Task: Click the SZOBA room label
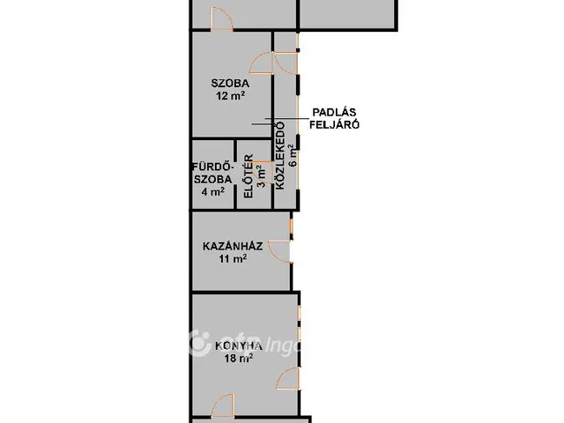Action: point(230,84)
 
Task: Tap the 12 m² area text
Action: point(231,96)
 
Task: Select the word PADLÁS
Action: point(334,112)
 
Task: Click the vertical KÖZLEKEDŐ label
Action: point(280,156)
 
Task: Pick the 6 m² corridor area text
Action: point(293,156)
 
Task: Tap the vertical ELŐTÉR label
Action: point(249,176)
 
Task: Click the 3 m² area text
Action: point(262,176)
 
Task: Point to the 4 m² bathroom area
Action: point(213,192)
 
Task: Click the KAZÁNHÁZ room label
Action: point(233,247)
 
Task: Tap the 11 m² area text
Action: point(233,258)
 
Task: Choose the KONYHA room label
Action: point(239,346)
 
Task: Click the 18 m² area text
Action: point(239,359)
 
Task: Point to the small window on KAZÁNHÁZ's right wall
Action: point(292,226)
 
